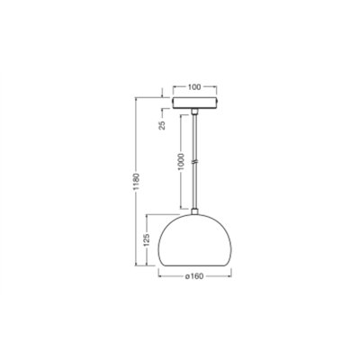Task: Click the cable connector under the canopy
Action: [x=194, y=111]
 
